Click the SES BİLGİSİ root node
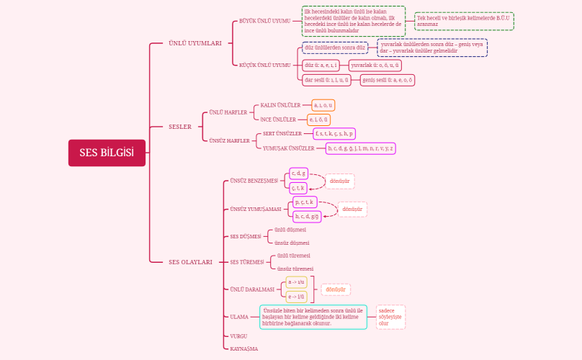[x=107, y=153]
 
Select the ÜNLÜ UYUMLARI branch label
[x=194, y=43]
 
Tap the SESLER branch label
[x=180, y=127]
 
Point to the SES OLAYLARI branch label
[x=190, y=262]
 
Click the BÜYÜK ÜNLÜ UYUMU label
[x=265, y=21]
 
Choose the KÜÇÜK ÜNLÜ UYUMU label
[x=265, y=65]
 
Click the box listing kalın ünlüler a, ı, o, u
[x=323, y=105]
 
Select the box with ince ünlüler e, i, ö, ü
[x=318, y=120]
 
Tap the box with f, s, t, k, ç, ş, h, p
[x=333, y=134]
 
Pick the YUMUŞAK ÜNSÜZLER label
[x=289, y=148]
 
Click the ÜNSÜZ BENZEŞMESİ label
[x=254, y=181]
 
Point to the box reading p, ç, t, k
[x=305, y=202]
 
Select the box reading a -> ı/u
[x=297, y=282]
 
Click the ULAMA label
[x=239, y=317]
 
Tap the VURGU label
[x=238, y=336]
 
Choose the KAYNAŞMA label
[x=243, y=348]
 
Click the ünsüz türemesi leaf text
[x=295, y=269]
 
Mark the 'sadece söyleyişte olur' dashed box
[x=390, y=317]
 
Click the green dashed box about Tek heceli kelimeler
[x=464, y=21]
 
